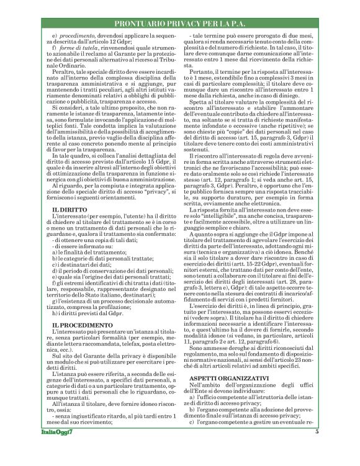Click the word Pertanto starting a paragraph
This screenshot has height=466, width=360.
click(204, 73)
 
